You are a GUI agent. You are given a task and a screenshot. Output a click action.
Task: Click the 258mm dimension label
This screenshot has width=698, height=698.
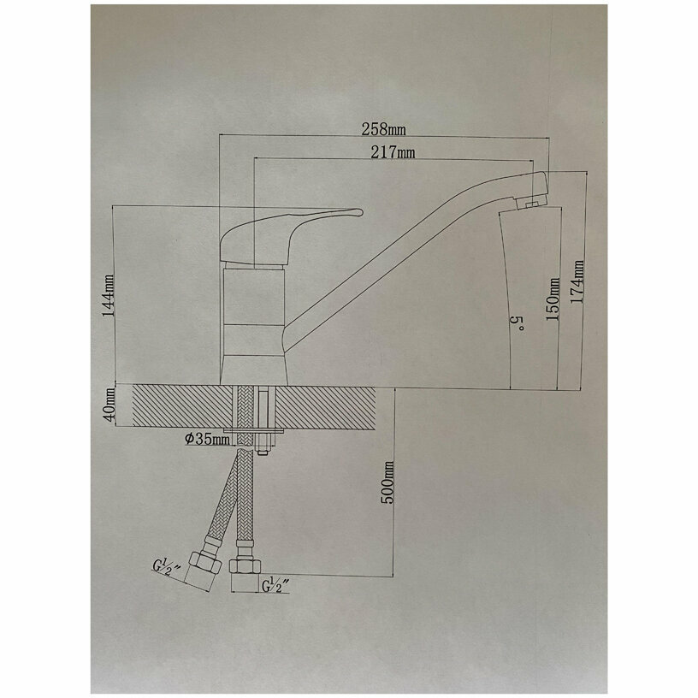[383, 129]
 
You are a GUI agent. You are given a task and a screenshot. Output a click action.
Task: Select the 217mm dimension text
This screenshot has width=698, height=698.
[394, 152]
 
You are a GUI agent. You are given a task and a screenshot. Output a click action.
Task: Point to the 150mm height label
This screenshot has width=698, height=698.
[553, 299]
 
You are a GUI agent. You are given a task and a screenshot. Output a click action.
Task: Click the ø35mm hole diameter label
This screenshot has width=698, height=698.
[206, 440]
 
